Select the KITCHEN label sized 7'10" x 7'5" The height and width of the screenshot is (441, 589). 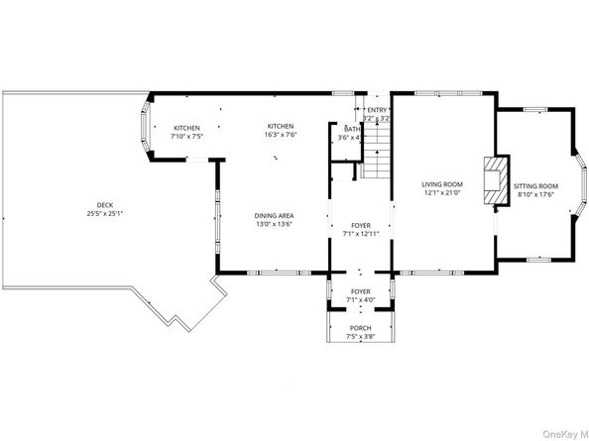point(187,128)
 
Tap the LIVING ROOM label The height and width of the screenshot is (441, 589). point(442,184)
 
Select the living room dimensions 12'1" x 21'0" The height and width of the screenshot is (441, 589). point(442,193)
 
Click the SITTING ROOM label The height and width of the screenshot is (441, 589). point(536,185)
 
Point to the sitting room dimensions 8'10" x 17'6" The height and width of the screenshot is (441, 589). point(536,194)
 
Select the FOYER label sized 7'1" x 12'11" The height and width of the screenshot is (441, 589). point(360,225)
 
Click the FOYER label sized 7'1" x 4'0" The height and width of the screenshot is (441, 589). point(360,292)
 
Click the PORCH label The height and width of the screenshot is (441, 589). point(360,327)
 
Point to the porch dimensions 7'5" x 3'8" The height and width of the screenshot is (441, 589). point(360,336)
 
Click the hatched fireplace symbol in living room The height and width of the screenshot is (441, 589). point(494,180)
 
